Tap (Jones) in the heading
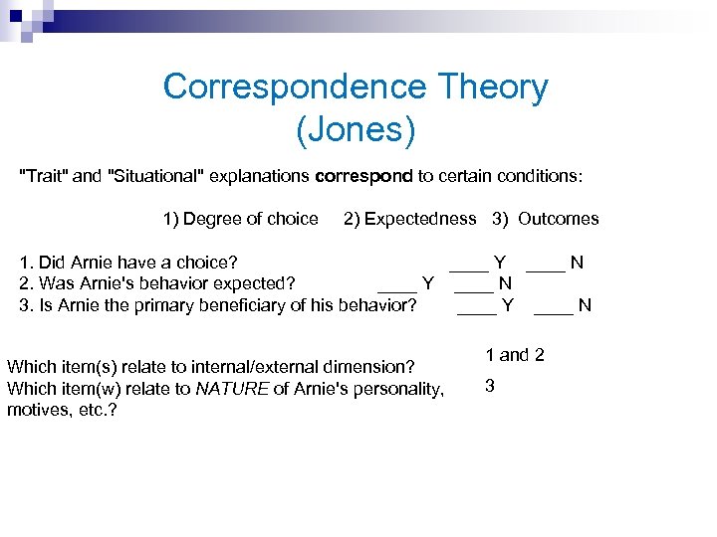tap(356, 129)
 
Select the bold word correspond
tap(363, 176)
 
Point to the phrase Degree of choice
tap(251, 219)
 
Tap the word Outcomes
tap(559, 219)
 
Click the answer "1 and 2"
tap(514, 355)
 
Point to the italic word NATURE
tap(232, 389)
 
